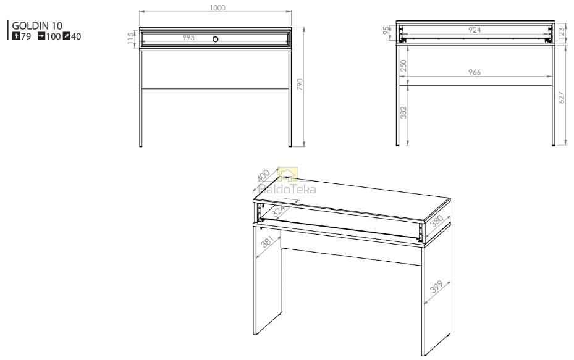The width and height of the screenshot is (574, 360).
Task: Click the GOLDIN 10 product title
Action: [37, 25]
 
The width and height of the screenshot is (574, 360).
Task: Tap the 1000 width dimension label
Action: [217, 7]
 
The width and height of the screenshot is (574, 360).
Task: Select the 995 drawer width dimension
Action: [188, 37]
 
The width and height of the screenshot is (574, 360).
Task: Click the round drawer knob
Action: [215, 39]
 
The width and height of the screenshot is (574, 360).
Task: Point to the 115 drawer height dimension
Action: [131, 38]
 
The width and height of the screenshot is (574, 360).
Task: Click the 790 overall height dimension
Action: [300, 85]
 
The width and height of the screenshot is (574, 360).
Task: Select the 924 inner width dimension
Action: [475, 30]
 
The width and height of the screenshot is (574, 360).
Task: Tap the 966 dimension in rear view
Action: [475, 72]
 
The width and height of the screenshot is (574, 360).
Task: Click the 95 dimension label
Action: [386, 30]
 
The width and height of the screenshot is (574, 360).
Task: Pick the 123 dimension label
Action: [562, 32]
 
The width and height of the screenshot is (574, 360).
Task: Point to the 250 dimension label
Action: [403, 66]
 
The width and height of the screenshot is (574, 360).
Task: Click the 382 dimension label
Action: [403, 112]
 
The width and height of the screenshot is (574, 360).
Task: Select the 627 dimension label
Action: [562, 98]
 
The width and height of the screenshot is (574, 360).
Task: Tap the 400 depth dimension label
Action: [263, 175]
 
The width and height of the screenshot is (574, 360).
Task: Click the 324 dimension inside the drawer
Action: [278, 211]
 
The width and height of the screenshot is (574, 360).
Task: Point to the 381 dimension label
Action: [268, 241]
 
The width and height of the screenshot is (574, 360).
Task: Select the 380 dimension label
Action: [437, 221]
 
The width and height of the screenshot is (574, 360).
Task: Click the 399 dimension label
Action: [436, 287]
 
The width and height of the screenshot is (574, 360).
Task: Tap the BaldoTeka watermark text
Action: [287, 189]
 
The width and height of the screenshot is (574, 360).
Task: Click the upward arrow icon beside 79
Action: [16, 36]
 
